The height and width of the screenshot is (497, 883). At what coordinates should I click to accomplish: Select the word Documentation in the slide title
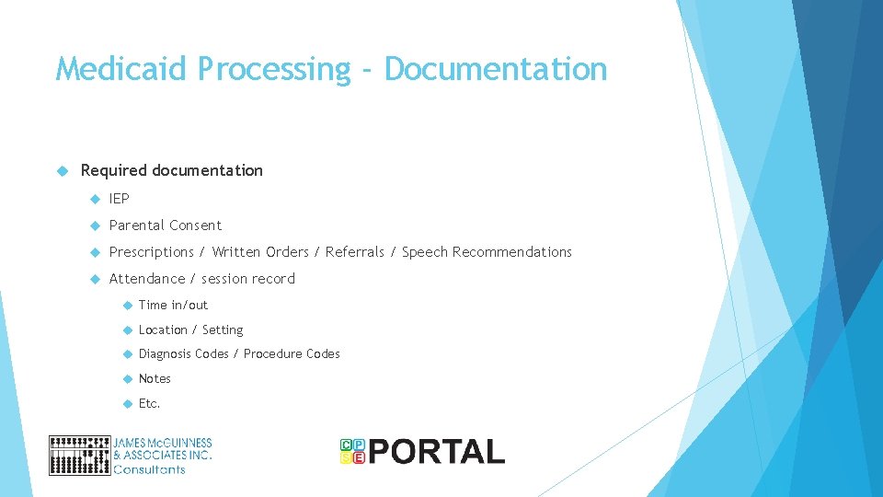tap(496, 69)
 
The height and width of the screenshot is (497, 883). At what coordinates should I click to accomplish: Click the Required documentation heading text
tap(172, 170)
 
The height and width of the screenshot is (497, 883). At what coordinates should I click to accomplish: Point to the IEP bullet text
tap(120, 199)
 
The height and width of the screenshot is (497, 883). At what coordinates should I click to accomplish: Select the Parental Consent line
tap(166, 225)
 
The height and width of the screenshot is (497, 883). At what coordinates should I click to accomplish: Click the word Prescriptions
tap(152, 252)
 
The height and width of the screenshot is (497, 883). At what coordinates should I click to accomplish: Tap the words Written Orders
tap(261, 252)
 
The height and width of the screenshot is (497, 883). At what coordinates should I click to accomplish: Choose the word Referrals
tap(355, 252)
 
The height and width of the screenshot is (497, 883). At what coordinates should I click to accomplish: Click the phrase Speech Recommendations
tap(487, 252)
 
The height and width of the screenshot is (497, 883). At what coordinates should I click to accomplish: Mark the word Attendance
tap(147, 279)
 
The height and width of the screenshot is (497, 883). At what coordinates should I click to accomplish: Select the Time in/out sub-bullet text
tap(173, 306)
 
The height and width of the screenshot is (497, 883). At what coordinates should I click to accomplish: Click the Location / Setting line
tap(190, 329)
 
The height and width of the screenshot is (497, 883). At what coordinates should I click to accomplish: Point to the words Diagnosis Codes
tap(183, 354)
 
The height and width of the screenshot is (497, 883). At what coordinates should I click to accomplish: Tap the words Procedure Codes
tap(292, 354)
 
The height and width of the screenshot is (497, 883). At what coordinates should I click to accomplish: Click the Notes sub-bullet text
tap(155, 379)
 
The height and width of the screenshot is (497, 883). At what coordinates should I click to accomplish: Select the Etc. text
tap(149, 404)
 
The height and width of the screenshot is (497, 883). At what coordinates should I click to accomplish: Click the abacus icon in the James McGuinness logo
tap(79, 456)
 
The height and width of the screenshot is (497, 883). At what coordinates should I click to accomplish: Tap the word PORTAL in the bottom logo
tap(437, 452)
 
